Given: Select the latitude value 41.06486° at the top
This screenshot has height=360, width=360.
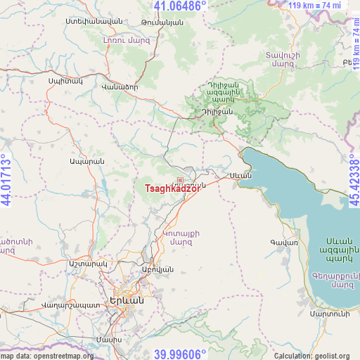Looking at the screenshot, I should [180, 6].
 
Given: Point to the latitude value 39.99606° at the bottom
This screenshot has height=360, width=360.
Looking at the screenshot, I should [180, 354].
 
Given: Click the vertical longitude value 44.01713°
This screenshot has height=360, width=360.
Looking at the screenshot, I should [6, 180].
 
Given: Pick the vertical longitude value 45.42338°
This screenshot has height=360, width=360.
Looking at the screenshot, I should [354, 180].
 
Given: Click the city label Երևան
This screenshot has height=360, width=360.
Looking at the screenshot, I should [127, 300].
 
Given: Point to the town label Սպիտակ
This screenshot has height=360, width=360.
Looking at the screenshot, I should [65, 82].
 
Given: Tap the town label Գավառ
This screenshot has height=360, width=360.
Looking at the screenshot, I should [284, 243].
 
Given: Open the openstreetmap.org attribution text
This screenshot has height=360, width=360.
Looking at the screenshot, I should [47, 356].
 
